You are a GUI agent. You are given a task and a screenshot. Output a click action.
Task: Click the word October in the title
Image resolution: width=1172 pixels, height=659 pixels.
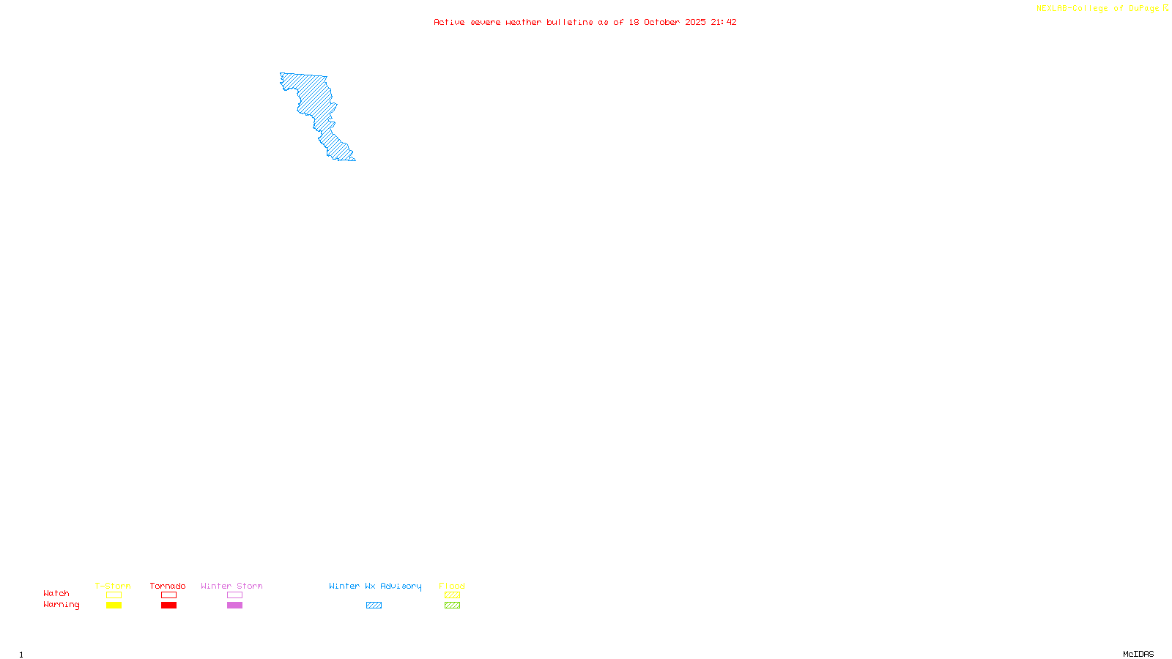point(661,22)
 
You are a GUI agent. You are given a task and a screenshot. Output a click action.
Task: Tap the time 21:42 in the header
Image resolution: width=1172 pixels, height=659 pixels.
point(724,22)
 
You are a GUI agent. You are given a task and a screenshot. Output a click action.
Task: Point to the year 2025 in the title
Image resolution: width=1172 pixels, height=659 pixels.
point(696,22)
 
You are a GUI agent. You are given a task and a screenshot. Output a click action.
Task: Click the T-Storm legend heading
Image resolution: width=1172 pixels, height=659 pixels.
point(113,586)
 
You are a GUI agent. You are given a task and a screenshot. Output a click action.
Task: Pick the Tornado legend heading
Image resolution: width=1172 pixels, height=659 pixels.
point(168,586)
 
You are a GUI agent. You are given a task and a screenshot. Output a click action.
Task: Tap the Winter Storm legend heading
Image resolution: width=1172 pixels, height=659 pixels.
point(231,586)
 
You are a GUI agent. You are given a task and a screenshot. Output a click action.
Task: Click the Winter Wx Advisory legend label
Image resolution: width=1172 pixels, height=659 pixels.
point(375,586)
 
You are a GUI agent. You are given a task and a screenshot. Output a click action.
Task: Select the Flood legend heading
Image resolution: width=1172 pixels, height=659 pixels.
point(452,586)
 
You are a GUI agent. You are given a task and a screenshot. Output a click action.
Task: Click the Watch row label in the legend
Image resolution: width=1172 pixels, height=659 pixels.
point(56,593)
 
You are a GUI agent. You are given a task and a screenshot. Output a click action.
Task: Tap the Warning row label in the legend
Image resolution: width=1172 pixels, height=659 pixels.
point(61,605)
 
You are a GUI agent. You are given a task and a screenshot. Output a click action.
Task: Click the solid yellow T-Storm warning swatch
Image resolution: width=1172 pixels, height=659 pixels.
point(114,606)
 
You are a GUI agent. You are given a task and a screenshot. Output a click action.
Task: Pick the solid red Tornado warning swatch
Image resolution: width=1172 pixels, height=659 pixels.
point(168,606)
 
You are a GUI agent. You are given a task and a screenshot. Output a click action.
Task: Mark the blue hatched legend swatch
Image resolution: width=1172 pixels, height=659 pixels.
point(374,606)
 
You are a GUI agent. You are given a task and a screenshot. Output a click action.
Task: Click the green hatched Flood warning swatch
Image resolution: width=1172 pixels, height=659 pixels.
point(452,606)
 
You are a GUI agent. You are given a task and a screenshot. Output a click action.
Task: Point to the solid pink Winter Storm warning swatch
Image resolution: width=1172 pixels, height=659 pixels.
point(234,606)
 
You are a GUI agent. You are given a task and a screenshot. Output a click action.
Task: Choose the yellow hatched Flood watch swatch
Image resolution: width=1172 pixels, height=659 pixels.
point(452,595)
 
